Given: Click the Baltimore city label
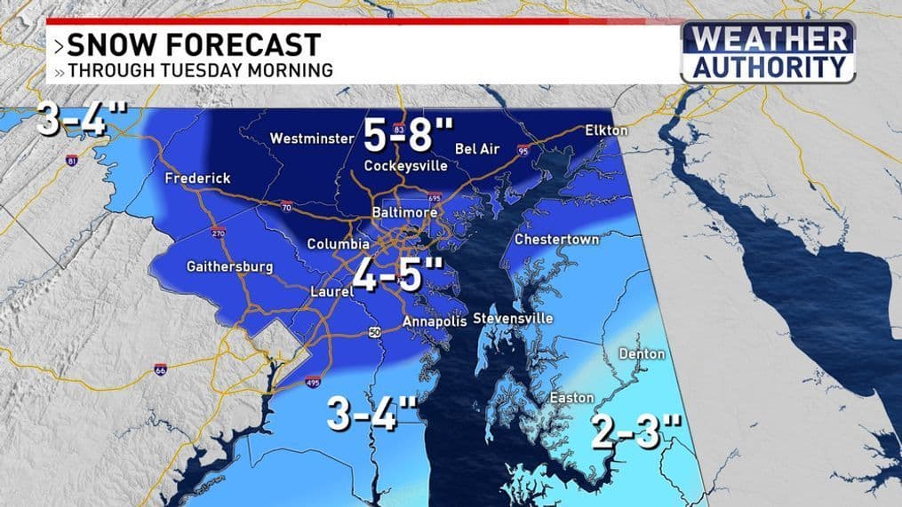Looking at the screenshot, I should tap(404, 214).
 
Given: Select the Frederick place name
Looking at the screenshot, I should tap(197, 178).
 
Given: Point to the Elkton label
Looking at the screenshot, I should tap(606, 131).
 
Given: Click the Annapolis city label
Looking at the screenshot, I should tap(434, 321).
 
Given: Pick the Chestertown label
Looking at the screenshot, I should tap(557, 240).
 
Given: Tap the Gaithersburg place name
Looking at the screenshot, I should tap(230, 266).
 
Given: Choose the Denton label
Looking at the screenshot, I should tap(642, 353).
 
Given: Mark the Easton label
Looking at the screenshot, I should tap(572, 398).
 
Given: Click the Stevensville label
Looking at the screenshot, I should tap(513, 318).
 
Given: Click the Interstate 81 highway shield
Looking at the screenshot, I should tap(72, 161).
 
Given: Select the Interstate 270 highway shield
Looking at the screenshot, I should tap(218, 234).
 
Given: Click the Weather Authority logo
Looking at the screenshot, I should tap(768, 52).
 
